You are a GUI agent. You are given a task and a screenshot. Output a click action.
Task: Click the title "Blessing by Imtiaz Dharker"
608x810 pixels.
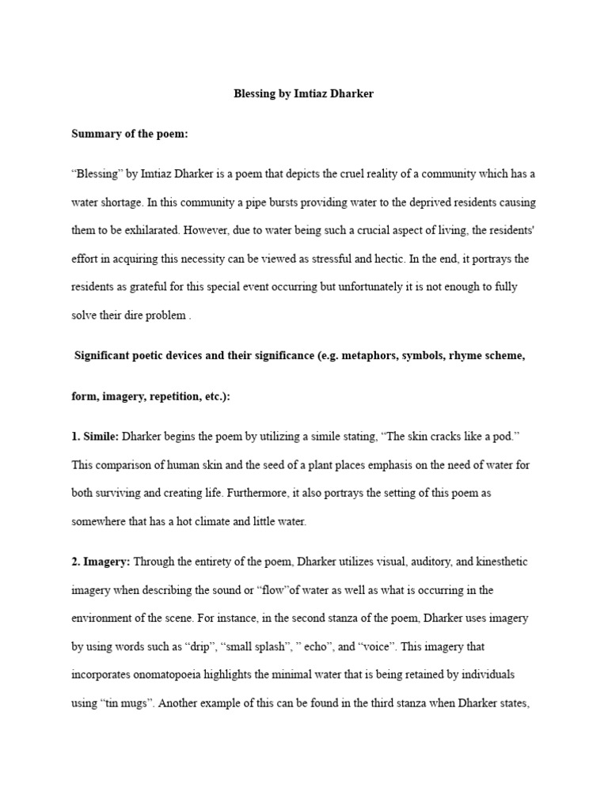[304, 94]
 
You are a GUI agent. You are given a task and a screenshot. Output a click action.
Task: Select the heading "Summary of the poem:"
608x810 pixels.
[130, 134]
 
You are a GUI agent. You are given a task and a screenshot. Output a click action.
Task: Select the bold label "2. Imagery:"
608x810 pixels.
[101, 562]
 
